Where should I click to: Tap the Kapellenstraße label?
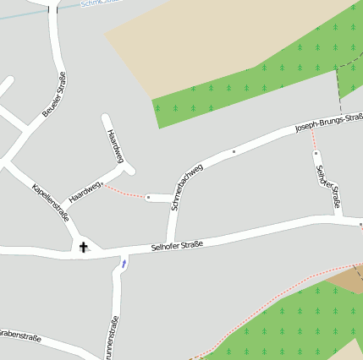50,200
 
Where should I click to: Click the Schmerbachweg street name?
186,186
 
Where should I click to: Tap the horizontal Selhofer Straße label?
177,247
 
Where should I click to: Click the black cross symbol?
83,247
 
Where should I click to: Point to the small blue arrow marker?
124,264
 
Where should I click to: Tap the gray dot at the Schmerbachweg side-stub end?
148,197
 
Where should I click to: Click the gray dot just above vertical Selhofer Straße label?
316,154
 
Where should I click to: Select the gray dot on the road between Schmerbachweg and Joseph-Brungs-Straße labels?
234,152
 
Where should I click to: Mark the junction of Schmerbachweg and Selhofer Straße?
172,240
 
